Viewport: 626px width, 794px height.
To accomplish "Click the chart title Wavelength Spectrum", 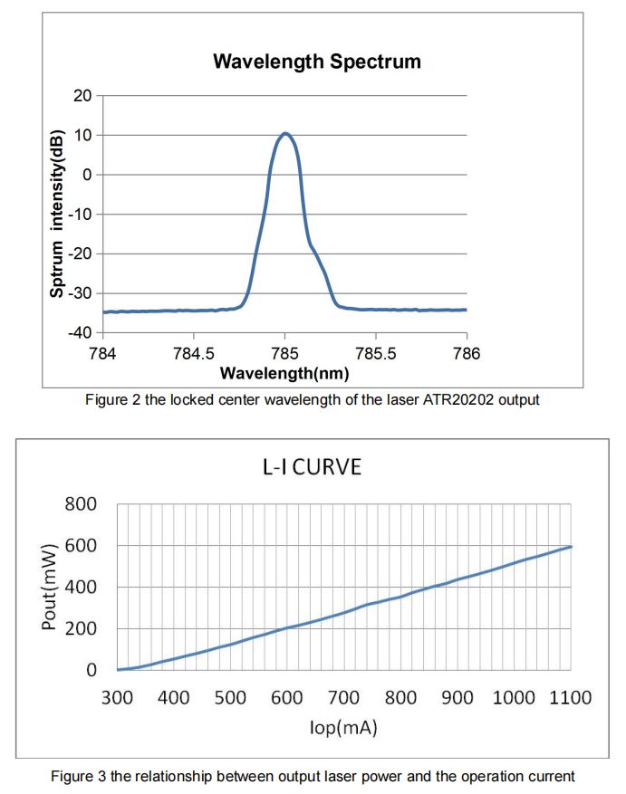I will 316,62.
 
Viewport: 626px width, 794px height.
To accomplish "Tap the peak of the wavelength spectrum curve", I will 285,134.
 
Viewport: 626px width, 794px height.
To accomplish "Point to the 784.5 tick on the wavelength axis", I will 194,352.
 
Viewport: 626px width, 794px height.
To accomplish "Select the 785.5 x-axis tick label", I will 375,352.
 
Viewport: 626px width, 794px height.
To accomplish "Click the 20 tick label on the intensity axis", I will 83,95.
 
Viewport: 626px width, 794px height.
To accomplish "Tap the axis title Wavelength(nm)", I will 284,372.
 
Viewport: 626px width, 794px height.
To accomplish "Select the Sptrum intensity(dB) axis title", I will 57,214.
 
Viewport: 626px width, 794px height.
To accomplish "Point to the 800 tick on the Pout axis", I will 81,504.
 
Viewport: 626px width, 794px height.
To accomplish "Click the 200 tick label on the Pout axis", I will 81,629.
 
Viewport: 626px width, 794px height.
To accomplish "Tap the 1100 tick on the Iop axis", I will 571,697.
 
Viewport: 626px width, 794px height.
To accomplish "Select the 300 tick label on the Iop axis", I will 117,697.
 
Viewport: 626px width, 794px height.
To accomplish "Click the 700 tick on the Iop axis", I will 344,697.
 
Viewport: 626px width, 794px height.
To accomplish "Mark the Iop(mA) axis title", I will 343,727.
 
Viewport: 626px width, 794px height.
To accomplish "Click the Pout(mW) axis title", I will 50,587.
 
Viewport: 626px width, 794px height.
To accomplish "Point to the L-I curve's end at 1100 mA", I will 572,547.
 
